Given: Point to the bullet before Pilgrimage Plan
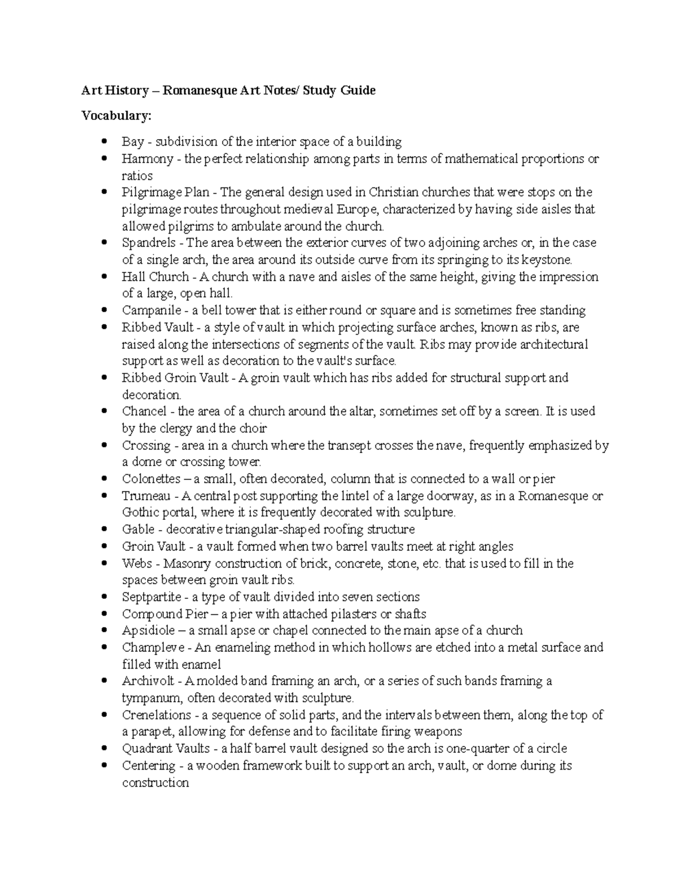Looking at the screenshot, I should [104, 192].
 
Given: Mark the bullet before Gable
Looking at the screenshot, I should [104, 530].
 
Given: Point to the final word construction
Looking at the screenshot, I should [155, 783].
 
